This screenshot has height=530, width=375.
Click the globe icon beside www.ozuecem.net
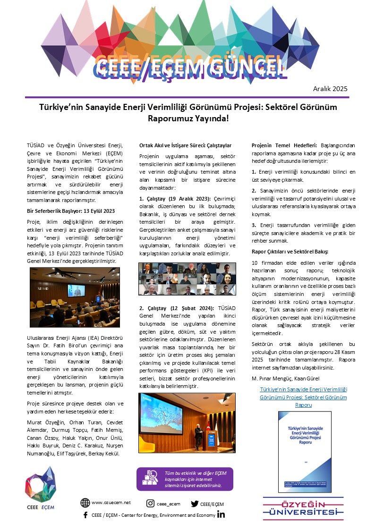(x=85, y=503)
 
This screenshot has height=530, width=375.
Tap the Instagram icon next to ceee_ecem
(x=150, y=503)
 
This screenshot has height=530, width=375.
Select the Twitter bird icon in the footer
(x=194, y=503)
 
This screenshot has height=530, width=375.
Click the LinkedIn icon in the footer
(x=221, y=514)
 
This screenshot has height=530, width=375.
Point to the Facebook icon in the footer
(x=85, y=515)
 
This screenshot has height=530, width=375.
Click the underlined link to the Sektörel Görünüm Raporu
(x=303, y=397)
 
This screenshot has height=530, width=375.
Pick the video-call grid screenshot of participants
(x=187, y=279)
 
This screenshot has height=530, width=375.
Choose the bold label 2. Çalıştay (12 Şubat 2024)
(x=176, y=308)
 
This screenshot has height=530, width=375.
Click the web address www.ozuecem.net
(x=111, y=503)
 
